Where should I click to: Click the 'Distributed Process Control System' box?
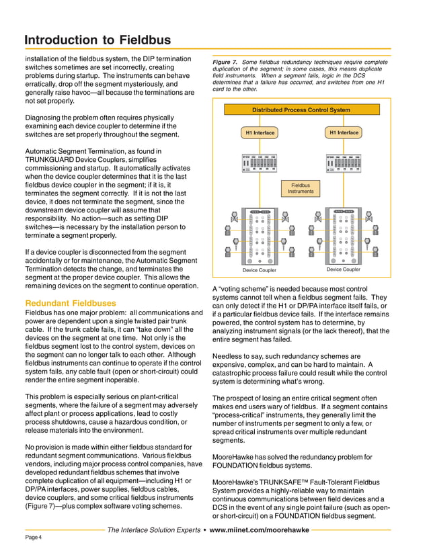click(301, 110)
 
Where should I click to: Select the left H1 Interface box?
click(260, 133)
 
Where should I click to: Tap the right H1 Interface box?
click(343, 132)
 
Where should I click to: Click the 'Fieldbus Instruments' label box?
click(301, 188)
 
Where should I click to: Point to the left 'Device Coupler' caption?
click(259, 270)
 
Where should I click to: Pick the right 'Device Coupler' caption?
click(343, 269)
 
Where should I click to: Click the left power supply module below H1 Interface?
click(260, 163)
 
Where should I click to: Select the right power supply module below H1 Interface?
click(343, 163)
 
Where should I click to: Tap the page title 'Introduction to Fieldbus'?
click(97, 40)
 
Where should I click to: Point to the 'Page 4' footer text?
click(33, 538)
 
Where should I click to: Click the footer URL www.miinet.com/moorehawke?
click(260, 529)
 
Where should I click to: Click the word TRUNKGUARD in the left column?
click(54, 162)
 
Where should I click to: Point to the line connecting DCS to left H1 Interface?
click(260, 121)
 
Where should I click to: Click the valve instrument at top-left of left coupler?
click(233, 217)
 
